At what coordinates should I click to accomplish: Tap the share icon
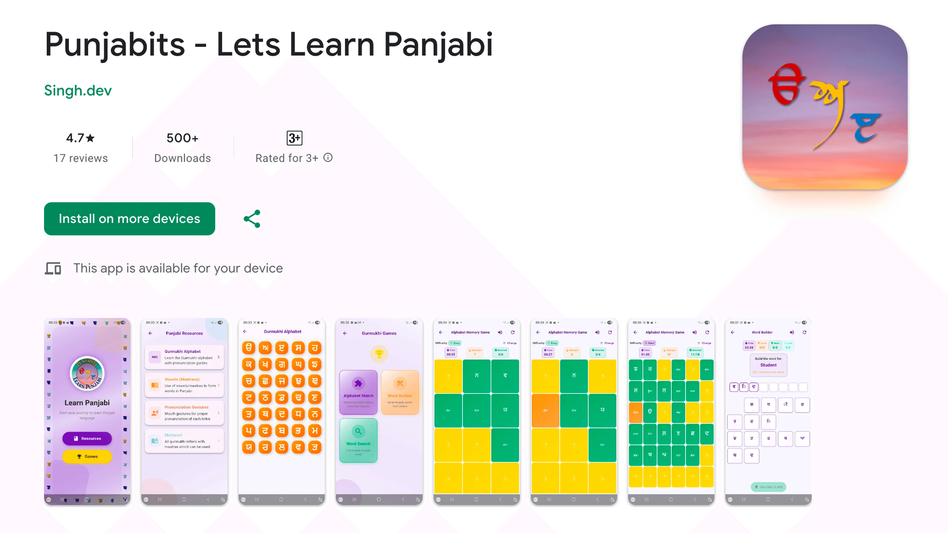(252, 219)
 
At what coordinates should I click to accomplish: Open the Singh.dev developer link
(78, 91)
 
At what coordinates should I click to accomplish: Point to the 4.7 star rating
(80, 138)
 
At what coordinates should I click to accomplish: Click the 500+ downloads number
(182, 138)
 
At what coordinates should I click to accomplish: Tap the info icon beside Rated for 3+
(328, 158)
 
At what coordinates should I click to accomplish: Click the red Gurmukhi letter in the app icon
(786, 85)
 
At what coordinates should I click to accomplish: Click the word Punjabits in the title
(115, 45)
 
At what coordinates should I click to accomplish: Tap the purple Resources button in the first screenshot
(87, 438)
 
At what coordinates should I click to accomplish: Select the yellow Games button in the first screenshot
(87, 457)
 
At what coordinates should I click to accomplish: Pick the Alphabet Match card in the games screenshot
(358, 392)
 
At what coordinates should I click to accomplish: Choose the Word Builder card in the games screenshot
(400, 392)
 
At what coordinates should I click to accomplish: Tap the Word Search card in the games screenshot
(358, 440)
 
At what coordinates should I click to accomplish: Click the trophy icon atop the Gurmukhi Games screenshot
(379, 354)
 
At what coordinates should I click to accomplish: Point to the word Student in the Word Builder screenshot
(769, 365)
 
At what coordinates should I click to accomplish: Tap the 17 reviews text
(80, 158)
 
